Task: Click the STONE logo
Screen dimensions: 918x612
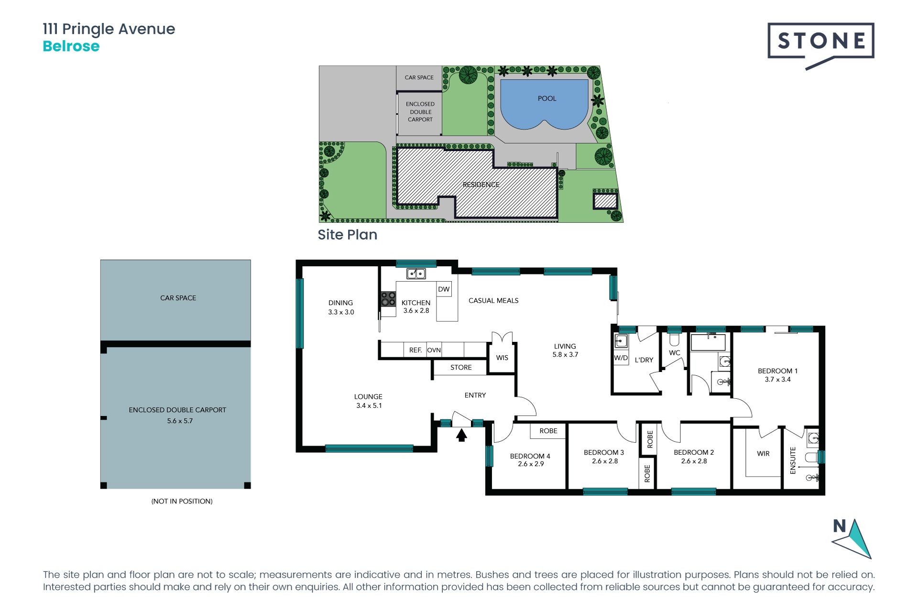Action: [x=821, y=45]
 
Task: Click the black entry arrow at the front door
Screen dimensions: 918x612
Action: [x=461, y=436]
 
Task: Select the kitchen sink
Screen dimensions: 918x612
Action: [x=416, y=273]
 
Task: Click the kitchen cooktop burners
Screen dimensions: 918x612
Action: [x=388, y=299]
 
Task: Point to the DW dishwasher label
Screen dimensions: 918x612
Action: [x=444, y=289]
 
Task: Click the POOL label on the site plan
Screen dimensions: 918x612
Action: [x=547, y=98]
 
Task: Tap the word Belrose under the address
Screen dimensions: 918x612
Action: [x=71, y=46]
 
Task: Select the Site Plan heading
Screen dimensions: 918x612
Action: [x=348, y=235]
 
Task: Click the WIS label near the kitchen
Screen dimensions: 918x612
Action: [x=502, y=358]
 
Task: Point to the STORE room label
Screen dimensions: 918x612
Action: [x=461, y=367]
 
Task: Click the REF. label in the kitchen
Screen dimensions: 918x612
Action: [x=415, y=350]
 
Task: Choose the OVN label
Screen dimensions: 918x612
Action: [x=434, y=350]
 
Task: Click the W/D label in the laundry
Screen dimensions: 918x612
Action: [x=621, y=358]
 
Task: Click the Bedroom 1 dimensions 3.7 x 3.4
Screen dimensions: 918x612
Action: [x=777, y=380]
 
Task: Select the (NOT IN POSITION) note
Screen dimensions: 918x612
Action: [x=182, y=501]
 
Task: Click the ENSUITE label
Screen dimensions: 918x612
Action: [x=793, y=460]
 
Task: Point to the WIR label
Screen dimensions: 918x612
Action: [x=763, y=454]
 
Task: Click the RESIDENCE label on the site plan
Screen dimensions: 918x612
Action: [x=481, y=185]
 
